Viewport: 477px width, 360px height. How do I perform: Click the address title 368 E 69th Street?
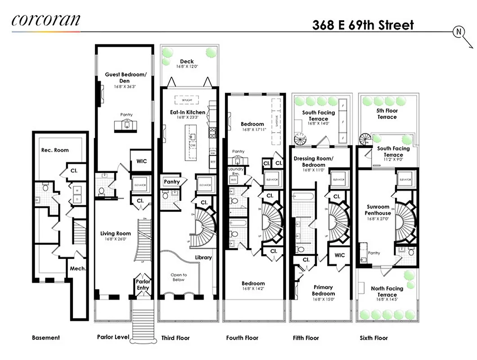(x=363, y=25)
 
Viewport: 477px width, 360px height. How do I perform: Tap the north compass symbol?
(x=459, y=31)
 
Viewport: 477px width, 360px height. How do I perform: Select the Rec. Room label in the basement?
(x=55, y=150)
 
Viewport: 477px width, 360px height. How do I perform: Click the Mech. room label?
(x=77, y=269)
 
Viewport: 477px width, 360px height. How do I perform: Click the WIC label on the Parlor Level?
(x=141, y=161)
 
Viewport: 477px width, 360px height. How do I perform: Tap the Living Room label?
(x=116, y=234)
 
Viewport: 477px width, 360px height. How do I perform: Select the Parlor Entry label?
(x=143, y=285)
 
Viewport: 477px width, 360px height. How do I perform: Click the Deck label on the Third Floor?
(x=187, y=62)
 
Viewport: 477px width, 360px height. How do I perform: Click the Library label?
(x=203, y=257)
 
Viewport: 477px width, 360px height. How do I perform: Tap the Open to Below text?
(x=178, y=277)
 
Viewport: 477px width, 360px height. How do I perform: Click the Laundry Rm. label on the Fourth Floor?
(x=234, y=171)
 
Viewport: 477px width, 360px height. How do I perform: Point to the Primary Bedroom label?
(x=323, y=290)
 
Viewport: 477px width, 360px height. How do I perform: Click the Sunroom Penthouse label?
(x=378, y=210)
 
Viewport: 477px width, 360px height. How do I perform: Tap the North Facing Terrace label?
(x=387, y=291)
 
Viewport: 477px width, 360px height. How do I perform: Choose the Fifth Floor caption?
(x=305, y=338)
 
